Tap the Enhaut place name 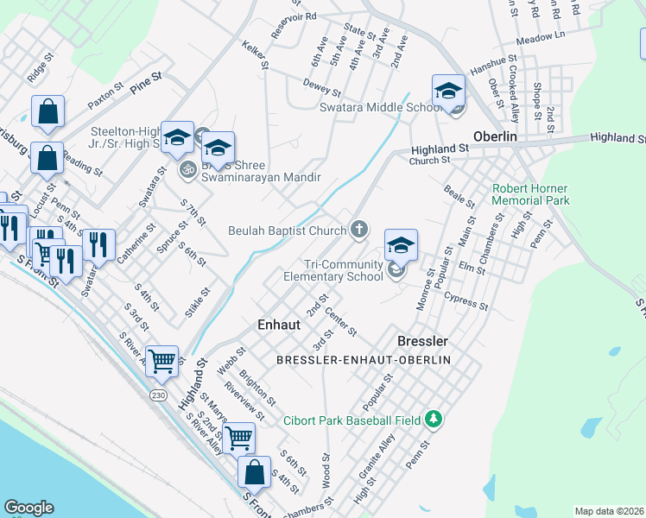click(279, 324)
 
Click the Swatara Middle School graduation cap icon click(448, 91)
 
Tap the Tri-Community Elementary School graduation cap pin click(400, 246)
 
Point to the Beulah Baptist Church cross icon click(359, 230)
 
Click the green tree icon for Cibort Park click(434, 420)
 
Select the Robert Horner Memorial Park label click(530, 194)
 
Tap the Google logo click(29, 507)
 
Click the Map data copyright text click(610, 511)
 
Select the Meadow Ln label click(540, 38)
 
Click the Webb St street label click(227, 363)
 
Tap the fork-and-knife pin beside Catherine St click(98, 245)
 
